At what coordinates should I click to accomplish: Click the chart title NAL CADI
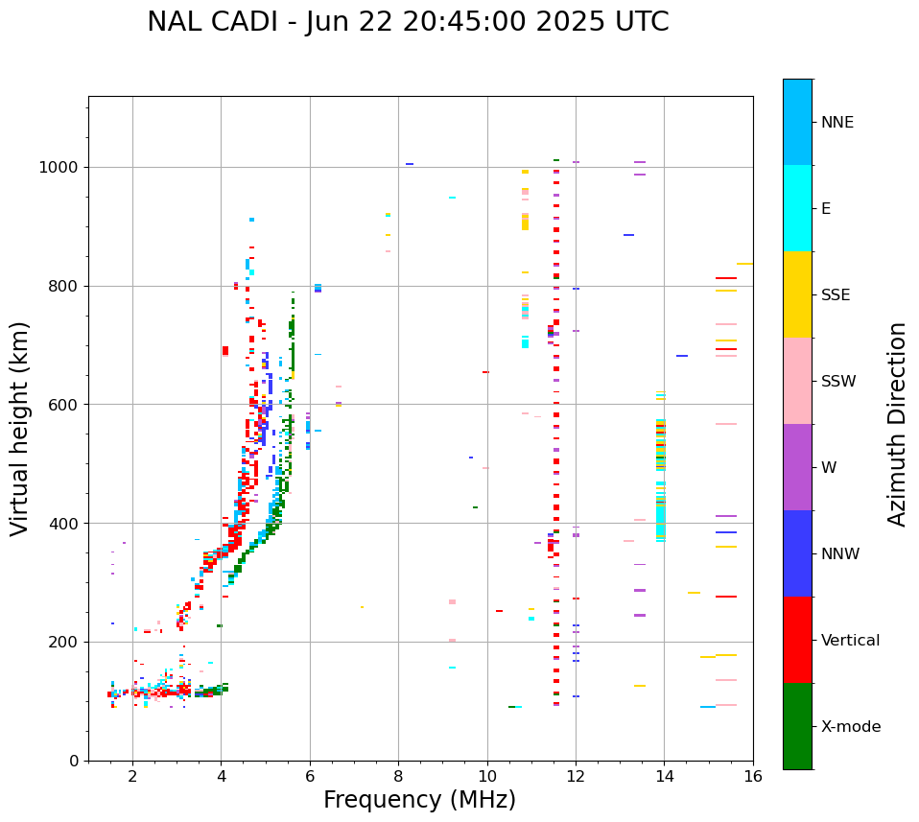pyautogui.click(x=408, y=22)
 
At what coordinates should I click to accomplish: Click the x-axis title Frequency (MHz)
pyautogui.click(x=419, y=800)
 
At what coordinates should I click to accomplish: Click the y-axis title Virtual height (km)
pyautogui.click(x=20, y=429)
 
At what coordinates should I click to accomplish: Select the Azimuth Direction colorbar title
pyautogui.click(x=897, y=424)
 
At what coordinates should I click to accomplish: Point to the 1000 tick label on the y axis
pyautogui.click(x=59, y=167)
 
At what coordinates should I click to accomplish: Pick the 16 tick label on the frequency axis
pyautogui.click(x=753, y=776)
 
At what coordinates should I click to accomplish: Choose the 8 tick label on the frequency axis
pyautogui.click(x=398, y=776)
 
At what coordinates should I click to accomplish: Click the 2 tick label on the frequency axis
pyautogui.click(x=132, y=776)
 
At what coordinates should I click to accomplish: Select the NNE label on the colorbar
pyautogui.click(x=837, y=123)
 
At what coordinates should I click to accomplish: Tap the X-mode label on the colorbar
pyautogui.click(x=850, y=727)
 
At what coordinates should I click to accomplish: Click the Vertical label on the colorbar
pyautogui.click(x=850, y=641)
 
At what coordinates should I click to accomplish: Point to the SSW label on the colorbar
pyautogui.click(x=838, y=382)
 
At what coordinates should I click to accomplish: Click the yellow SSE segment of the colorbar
pyautogui.click(x=797, y=294)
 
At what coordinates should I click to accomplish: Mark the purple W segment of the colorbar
pyautogui.click(x=797, y=467)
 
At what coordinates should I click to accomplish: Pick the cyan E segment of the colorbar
pyautogui.click(x=797, y=208)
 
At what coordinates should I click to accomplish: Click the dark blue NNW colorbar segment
pyautogui.click(x=797, y=553)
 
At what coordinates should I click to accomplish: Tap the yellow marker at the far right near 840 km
pyautogui.click(x=744, y=264)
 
